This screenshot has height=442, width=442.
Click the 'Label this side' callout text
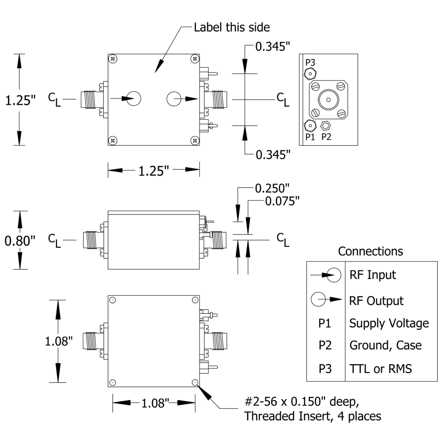coord(232,27)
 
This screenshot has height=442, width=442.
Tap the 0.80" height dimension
coord(20,241)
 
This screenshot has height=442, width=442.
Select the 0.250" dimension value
coord(272,188)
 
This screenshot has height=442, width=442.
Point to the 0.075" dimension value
coord(282,201)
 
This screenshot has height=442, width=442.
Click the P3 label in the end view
coord(310,63)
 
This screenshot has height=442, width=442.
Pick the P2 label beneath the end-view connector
coord(326,137)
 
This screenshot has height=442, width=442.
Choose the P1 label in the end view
coord(310,137)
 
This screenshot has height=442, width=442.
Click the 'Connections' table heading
coord(370,251)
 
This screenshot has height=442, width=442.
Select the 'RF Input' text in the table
coord(373,275)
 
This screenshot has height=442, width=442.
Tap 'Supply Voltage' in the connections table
coord(389,323)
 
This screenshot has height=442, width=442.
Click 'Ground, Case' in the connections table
coord(385,345)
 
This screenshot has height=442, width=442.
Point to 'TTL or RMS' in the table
coord(381,369)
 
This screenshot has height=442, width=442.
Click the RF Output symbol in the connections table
coord(326,299)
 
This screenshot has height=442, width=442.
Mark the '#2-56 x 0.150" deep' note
coord(302,401)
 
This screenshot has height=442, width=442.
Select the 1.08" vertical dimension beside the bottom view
coord(59,341)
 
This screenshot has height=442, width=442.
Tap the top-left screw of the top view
coord(113,59)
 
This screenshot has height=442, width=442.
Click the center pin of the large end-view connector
coord(328,100)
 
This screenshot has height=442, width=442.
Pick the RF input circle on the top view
coord(133,99)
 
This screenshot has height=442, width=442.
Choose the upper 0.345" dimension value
coord(273,47)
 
